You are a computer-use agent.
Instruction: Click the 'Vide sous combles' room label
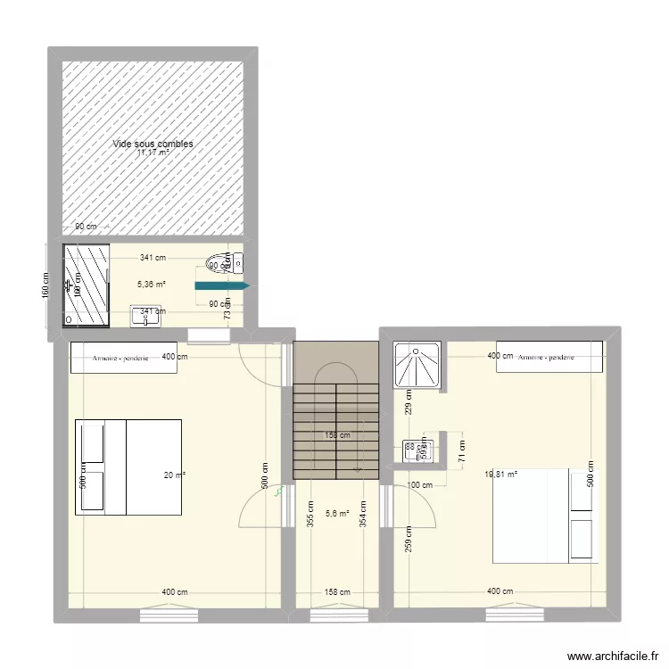(x=153, y=144)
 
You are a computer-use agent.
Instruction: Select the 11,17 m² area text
(x=153, y=153)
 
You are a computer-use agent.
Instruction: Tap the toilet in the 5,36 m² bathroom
(x=218, y=263)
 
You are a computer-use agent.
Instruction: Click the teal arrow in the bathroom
(x=224, y=286)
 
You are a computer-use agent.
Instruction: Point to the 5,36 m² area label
(x=151, y=285)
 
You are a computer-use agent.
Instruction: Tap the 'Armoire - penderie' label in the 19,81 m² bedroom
(x=546, y=358)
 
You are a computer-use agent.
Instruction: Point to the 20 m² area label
(x=174, y=475)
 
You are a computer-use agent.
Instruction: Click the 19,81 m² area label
(x=500, y=475)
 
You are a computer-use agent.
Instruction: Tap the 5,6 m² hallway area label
(x=337, y=513)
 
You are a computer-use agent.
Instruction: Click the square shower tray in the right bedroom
(x=417, y=367)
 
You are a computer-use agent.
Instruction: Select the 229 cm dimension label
(x=408, y=402)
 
